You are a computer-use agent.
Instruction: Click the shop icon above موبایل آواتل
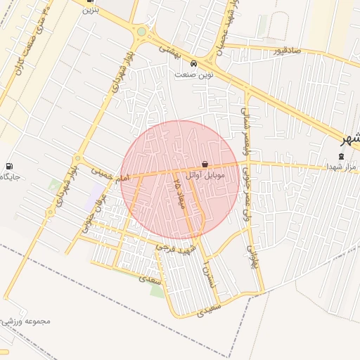205,164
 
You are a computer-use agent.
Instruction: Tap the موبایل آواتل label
205,174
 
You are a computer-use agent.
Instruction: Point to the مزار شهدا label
342,166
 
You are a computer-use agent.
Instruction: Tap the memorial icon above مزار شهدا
342,155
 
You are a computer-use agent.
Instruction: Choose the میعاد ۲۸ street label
178,190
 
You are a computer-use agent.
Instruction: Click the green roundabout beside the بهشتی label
142,32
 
